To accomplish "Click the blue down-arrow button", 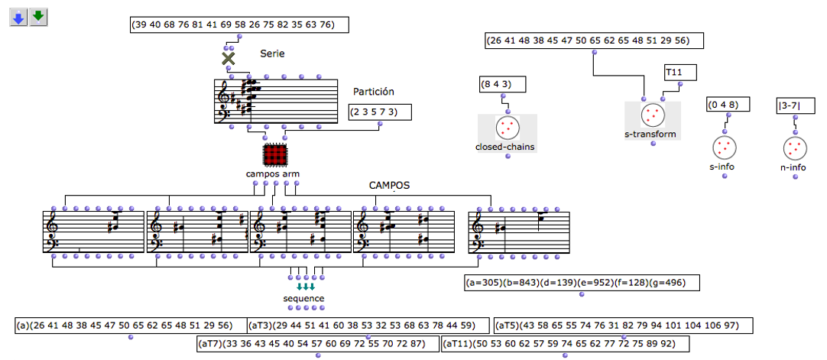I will pyautogui.click(x=18, y=17).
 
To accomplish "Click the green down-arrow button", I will pyautogui.click(x=38, y=17).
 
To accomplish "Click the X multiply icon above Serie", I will pyautogui.click(x=228, y=59).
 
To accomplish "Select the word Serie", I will pyautogui.click(x=273, y=54).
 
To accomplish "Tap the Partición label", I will pyautogui.click(x=373, y=92).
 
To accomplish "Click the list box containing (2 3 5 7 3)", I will pyautogui.click(x=379, y=112).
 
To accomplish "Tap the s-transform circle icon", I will pyautogui.click(x=651, y=115).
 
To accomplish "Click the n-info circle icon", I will pyautogui.click(x=794, y=147).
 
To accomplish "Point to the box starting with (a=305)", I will pyautogui.click(x=581, y=283).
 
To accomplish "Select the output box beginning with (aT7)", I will pyautogui.click(x=318, y=343).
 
